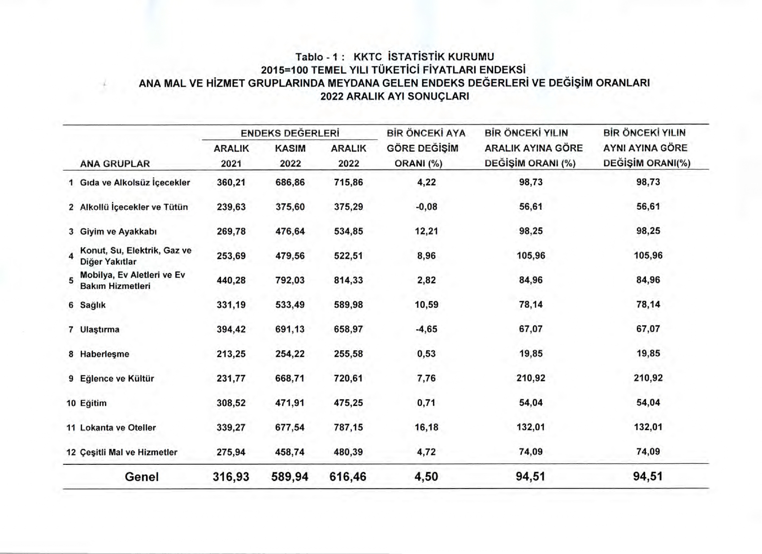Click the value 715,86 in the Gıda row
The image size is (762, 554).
(x=348, y=182)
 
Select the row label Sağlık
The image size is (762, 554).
(x=93, y=305)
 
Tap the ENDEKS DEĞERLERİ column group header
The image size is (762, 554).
(x=290, y=133)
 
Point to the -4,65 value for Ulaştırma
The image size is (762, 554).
(x=426, y=329)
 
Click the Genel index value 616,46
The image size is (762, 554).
(x=348, y=476)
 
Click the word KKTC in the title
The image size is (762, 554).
(x=368, y=57)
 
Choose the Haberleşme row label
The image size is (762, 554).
(x=104, y=354)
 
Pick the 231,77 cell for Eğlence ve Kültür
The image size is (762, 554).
(x=231, y=378)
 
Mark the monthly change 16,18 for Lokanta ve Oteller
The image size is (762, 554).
(x=426, y=427)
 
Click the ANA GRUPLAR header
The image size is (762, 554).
(x=115, y=164)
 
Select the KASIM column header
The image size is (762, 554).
(x=290, y=148)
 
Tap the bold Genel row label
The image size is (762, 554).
(x=142, y=476)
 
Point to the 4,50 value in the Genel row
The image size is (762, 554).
(x=426, y=476)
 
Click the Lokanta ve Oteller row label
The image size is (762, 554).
(x=118, y=428)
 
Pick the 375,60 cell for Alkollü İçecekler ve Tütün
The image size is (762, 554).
(x=290, y=207)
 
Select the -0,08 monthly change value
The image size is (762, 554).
(x=426, y=207)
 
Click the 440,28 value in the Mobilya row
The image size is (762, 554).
(x=231, y=280)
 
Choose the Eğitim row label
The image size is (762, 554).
(x=93, y=403)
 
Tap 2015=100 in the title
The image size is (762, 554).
(x=284, y=70)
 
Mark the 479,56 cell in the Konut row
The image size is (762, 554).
(x=290, y=255)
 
